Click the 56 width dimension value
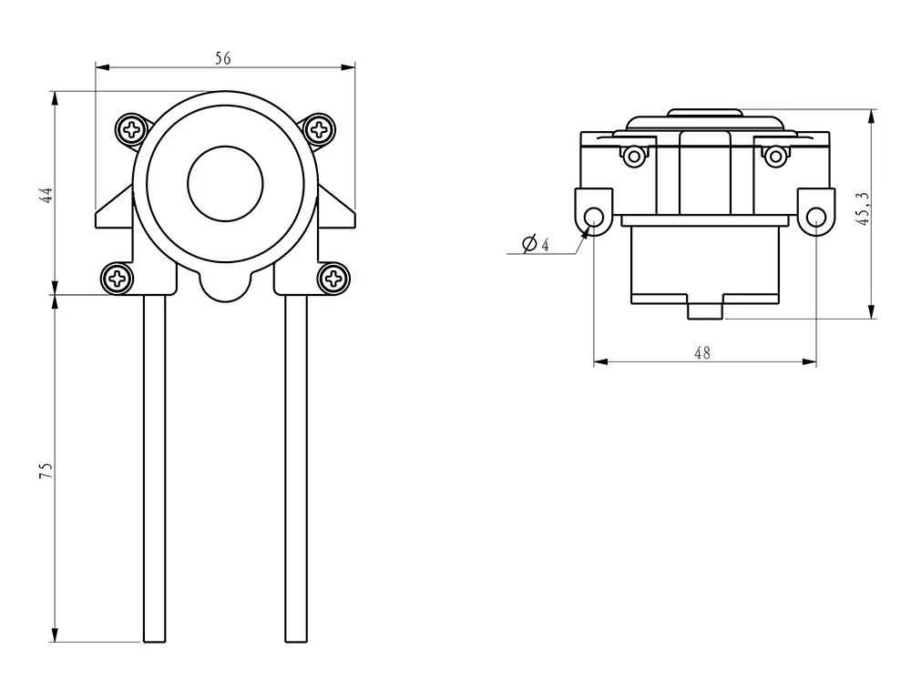pos(223,58)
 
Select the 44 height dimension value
pos(46,194)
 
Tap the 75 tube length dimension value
pos(46,470)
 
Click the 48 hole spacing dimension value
pos(702,353)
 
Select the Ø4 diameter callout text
pos(535,245)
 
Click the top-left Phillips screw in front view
pos(133,129)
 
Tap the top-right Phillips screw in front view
pos(320,129)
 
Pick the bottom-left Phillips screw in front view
pos(118,278)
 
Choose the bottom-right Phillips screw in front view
pos(334,278)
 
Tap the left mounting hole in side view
pos(594,216)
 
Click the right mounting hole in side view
pos(816,217)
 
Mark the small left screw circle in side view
pos(634,156)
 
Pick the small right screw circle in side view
pos(775,156)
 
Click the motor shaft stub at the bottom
pos(704,310)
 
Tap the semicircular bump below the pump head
pos(225,288)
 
